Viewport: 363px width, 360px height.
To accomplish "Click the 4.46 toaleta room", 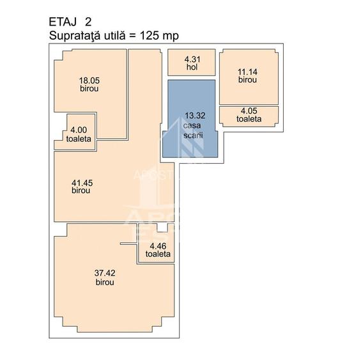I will pyautogui.click(x=157, y=249).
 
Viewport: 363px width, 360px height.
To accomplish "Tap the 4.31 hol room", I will pyautogui.click(x=192, y=63).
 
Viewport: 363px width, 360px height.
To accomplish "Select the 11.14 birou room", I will pyautogui.click(x=248, y=77).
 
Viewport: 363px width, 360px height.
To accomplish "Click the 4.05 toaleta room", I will pyautogui.click(x=249, y=114).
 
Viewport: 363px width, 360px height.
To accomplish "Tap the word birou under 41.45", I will pyautogui.click(x=81, y=191).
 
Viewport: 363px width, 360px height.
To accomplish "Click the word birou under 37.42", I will pyautogui.click(x=105, y=281).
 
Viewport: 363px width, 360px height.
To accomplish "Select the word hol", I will pyautogui.click(x=192, y=67).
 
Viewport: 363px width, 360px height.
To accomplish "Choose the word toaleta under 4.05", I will pyautogui.click(x=249, y=119).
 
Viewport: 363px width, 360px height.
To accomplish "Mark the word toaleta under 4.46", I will pyautogui.click(x=158, y=254).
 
